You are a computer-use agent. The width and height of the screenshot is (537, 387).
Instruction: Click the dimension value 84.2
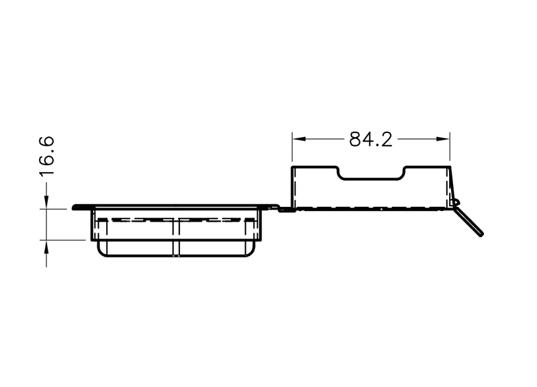371,140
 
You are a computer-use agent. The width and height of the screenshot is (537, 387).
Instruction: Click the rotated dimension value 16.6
46,157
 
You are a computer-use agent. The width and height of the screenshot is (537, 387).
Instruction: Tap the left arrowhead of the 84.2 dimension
299,139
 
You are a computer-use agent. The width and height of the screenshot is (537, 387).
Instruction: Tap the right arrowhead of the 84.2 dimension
443,139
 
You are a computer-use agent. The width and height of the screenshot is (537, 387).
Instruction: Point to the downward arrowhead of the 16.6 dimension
46,202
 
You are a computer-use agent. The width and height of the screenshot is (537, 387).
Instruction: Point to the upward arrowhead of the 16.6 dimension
46,247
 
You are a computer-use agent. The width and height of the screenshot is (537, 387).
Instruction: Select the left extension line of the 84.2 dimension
292,146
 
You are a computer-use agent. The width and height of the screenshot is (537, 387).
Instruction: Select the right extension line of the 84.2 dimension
450,146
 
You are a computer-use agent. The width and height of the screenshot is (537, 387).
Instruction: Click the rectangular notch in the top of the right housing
371,179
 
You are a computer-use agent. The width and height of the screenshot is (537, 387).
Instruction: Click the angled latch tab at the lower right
469,222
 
